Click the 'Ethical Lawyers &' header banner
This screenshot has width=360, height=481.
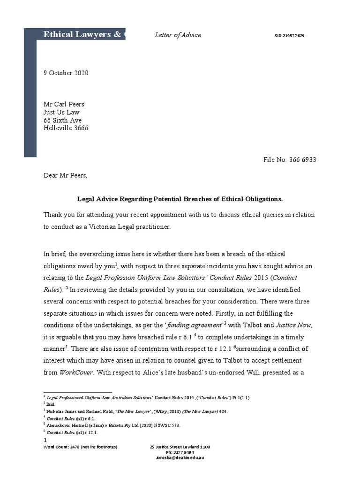[82, 34]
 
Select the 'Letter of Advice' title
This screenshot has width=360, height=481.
[178, 35]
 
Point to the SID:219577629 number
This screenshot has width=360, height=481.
[289, 36]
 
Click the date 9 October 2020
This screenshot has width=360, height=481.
[66, 73]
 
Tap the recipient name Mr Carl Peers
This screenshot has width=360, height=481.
[64, 104]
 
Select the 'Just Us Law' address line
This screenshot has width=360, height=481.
[61, 112]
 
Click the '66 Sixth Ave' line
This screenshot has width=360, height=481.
[62, 120]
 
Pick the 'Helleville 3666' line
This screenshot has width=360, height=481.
[66, 128]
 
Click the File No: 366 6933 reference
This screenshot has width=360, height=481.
[290, 160]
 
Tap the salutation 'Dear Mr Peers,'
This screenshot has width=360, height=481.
[66, 176]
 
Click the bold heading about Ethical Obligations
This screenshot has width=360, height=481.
[180, 199]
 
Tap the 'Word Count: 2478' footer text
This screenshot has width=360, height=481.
[80, 447]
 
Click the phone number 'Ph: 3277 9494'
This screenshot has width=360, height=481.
[180, 452]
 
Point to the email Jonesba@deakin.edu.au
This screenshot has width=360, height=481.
[180, 458]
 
